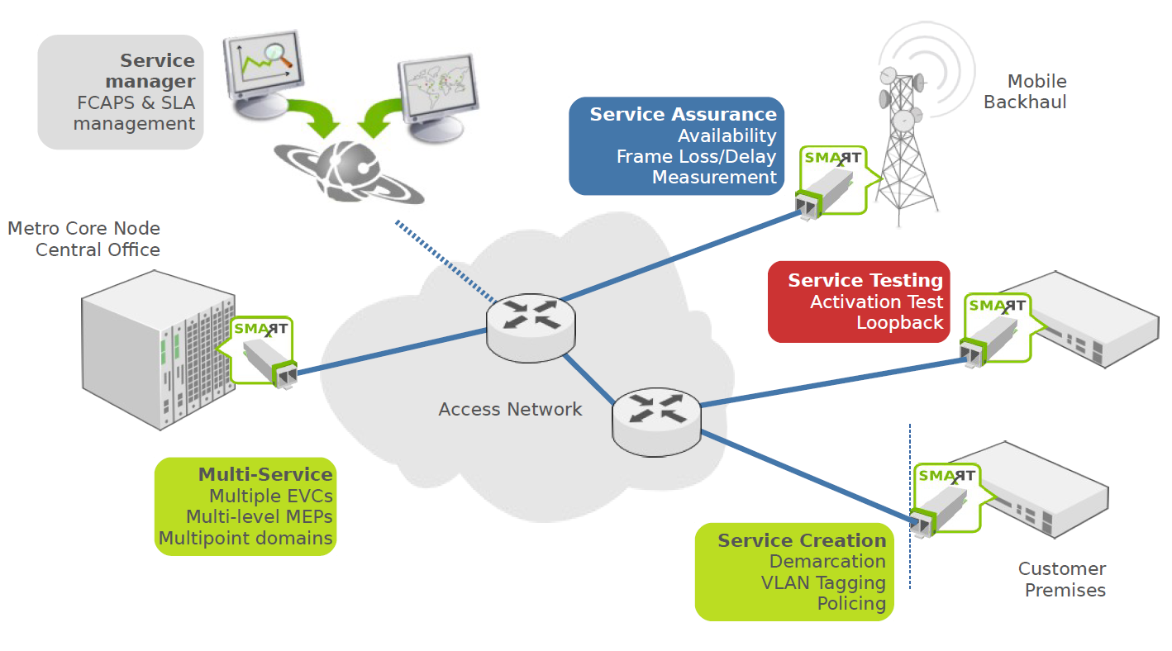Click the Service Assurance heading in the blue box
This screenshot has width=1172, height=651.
point(683,115)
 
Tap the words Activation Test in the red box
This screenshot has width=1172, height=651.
point(876,302)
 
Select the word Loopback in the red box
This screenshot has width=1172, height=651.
point(899,323)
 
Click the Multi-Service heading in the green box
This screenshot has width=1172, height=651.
point(264,475)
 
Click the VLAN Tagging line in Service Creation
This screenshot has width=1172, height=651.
point(822,582)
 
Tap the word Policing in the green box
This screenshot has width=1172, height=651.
point(851,603)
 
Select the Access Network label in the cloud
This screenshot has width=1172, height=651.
point(510,409)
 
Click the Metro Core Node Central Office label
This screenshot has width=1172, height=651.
point(84,239)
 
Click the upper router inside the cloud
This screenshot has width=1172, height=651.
point(529,326)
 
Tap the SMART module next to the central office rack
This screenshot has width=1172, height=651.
point(263,351)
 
